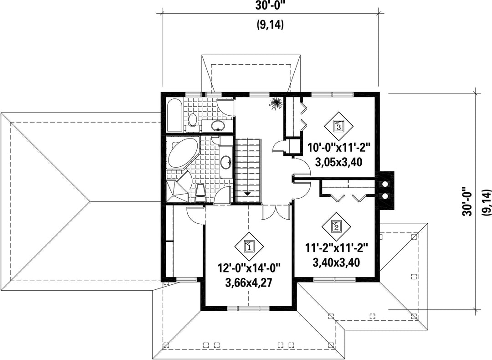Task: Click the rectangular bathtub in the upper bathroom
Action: click(x=174, y=115)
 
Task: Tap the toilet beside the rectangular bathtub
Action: click(x=192, y=123)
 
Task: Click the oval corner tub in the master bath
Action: click(x=183, y=154)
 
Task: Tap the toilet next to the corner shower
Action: click(x=200, y=193)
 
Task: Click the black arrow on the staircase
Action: click(x=247, y=194)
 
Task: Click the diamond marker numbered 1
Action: click(x=249, y=247)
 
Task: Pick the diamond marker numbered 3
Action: click(x=338, y=126)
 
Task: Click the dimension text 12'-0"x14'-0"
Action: click(x=249, y=269)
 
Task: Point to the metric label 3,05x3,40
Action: click(x=338, y=162)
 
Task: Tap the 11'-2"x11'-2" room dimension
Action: click(x=336, y=248)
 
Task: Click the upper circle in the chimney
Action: click(x=384, y=184)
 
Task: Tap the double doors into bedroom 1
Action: click(x=276, y=211)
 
